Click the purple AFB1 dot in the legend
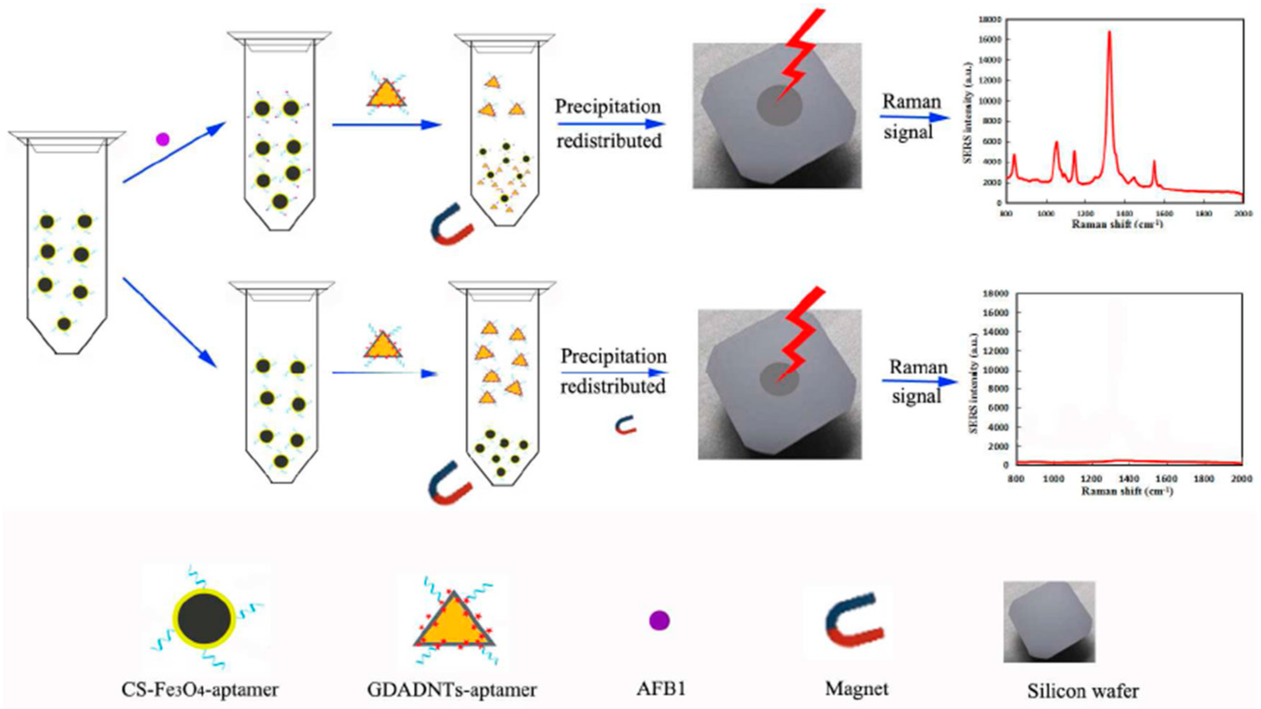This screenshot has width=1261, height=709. click(x=659, y=620)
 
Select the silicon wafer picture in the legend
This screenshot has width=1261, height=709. click(x=1049, y=621)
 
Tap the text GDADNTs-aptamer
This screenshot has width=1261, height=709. click(x=451, y=690)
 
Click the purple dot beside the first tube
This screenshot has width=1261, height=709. click(x=162, y=140)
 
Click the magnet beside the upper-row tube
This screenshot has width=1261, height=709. click(x=451, y=225)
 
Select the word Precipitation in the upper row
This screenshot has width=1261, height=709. click(x=608, y=107)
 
